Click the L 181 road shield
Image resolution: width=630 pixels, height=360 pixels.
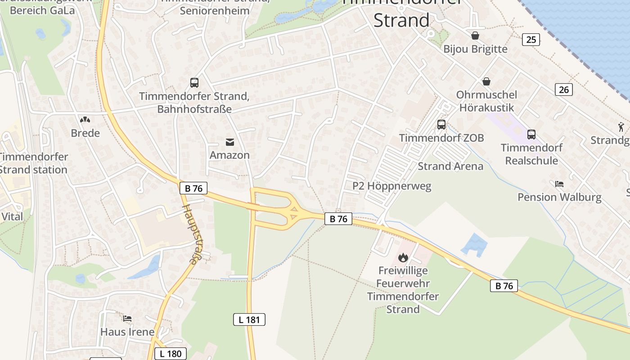point(249,320)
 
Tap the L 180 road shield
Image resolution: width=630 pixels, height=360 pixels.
point(171,353)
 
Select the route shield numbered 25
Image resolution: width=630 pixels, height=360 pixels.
point(531,40)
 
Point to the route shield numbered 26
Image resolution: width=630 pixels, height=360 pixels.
point(564,90)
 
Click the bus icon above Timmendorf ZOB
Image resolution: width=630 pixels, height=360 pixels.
point(441,125)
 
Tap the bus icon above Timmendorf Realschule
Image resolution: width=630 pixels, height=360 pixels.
point(531,135)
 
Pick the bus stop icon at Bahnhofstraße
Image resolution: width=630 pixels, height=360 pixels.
point(194,83)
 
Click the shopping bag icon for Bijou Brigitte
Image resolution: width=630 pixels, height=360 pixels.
point(475,36)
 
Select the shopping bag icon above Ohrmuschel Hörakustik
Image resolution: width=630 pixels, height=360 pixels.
point(486,81)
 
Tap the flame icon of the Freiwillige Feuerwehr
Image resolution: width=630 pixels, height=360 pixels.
point(403,257)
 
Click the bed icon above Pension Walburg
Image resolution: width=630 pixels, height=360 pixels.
point(559,184)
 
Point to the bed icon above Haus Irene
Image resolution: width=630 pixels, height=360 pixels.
point(127,319)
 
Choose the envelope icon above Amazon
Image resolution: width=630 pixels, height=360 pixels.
point(230,142)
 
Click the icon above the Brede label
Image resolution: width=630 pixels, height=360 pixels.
point(85,120)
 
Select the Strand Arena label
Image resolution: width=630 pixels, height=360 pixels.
point(450,166)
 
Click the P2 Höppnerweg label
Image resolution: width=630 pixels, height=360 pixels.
point(391,186)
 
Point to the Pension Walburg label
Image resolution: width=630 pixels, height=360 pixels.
point(559,197)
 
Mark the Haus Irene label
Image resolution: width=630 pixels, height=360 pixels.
point(127,332)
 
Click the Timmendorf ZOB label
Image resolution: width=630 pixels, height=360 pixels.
point(441,138)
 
